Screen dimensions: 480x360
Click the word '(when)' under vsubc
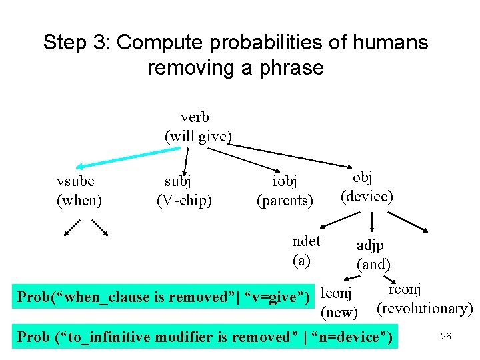[79, 199]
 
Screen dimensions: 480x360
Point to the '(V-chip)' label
[184, 199]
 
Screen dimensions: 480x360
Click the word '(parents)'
[285, 199]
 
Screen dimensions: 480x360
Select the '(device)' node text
[367, 196]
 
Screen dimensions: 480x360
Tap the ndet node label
[307, 241]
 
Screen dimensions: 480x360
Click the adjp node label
[370, 245]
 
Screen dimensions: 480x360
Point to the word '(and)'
[373, 264]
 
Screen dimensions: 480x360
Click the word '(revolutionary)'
[425, 309]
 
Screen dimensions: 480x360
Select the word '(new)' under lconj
[340, 311]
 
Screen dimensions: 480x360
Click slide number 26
[446, 336]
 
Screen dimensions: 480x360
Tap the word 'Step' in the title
[65, 43]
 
